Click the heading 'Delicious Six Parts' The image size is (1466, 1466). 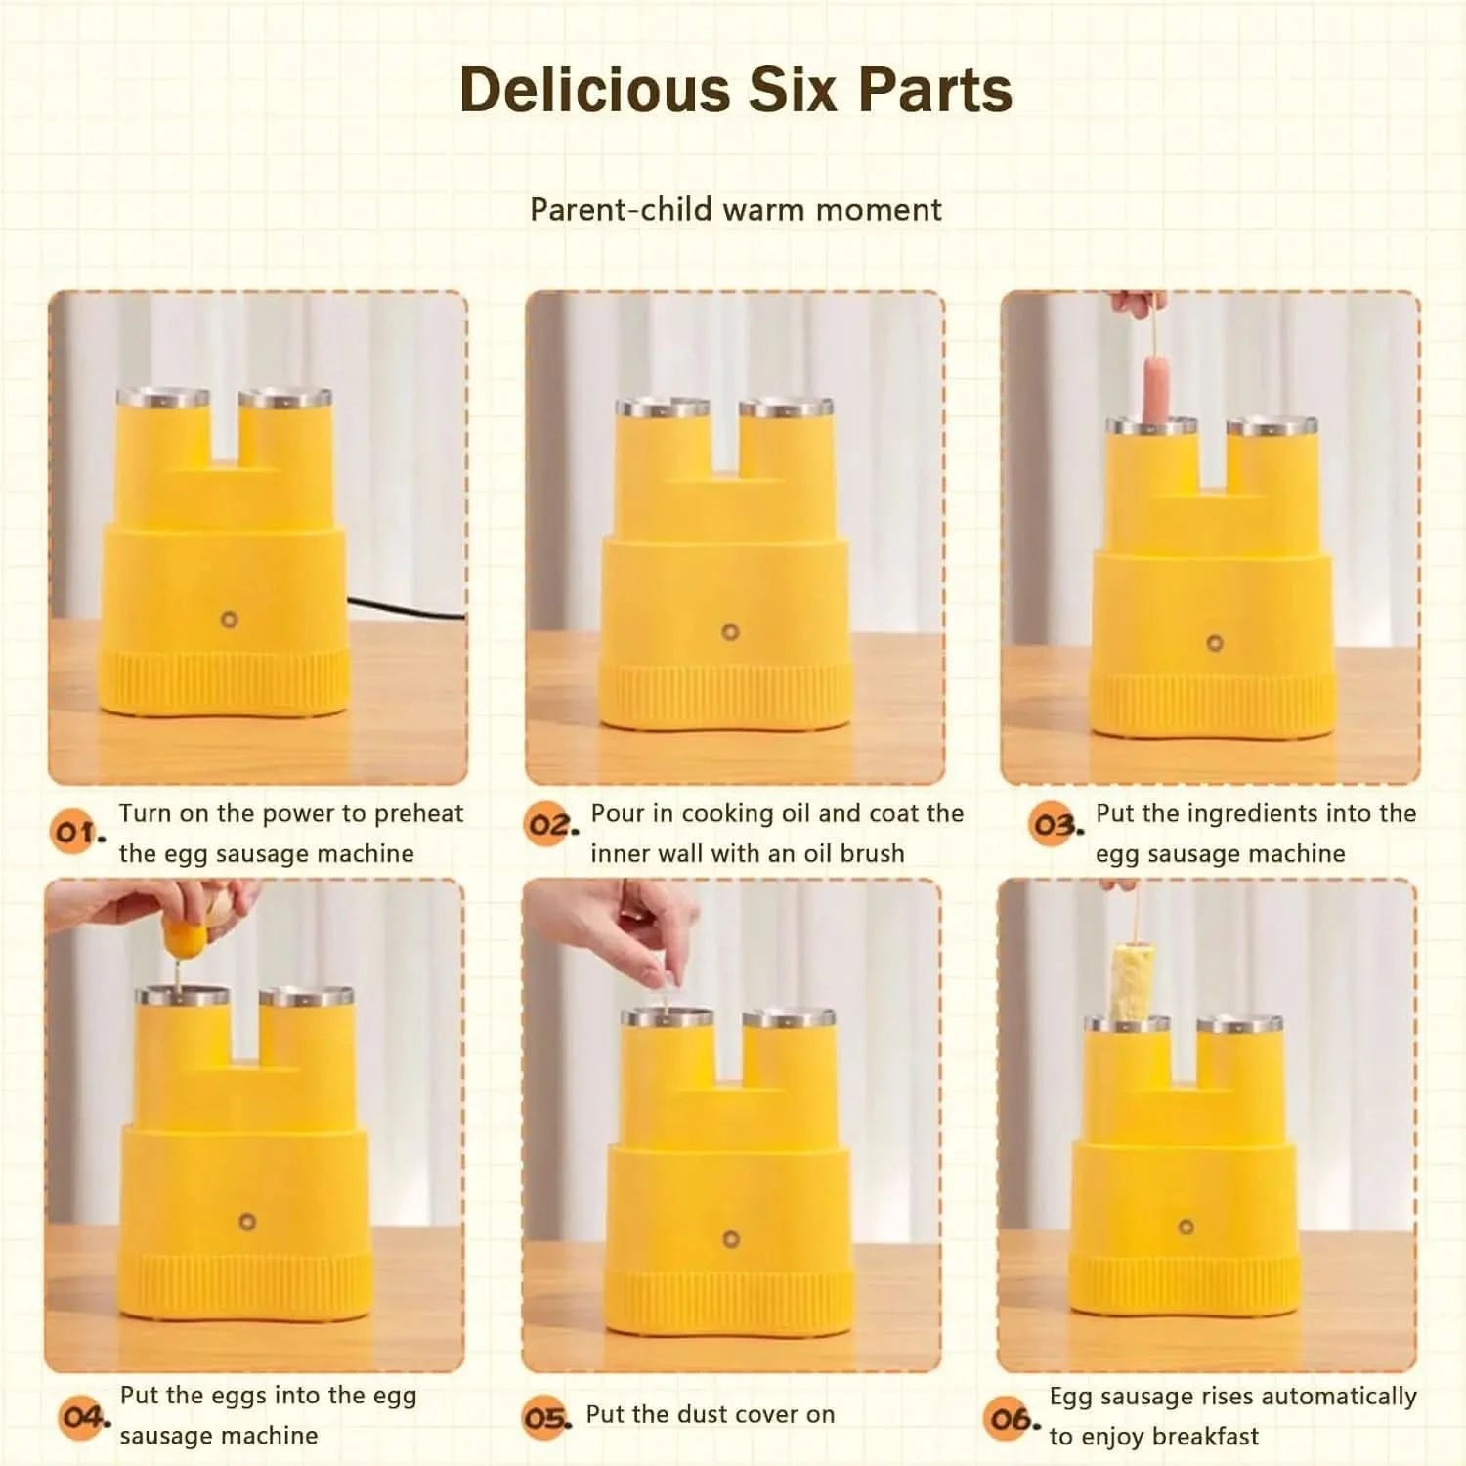pyautogui.click(x=735, y=90)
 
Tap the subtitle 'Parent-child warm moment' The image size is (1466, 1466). pyautogui.click(x=735, y=209)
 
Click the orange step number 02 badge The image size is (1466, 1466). pyautogui.click(x=550, y=827)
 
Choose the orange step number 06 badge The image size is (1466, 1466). pyautogui.click(x=1010, y=1418)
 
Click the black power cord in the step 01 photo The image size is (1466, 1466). pyautogui.click(x=406, y=608)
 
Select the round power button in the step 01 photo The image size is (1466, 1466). pyautogui.click(x=229, y=620)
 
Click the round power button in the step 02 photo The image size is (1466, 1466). pyautogui.click(x=730, y=632)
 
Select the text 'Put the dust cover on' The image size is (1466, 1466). pyautogui.click(x=711, y=1414)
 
